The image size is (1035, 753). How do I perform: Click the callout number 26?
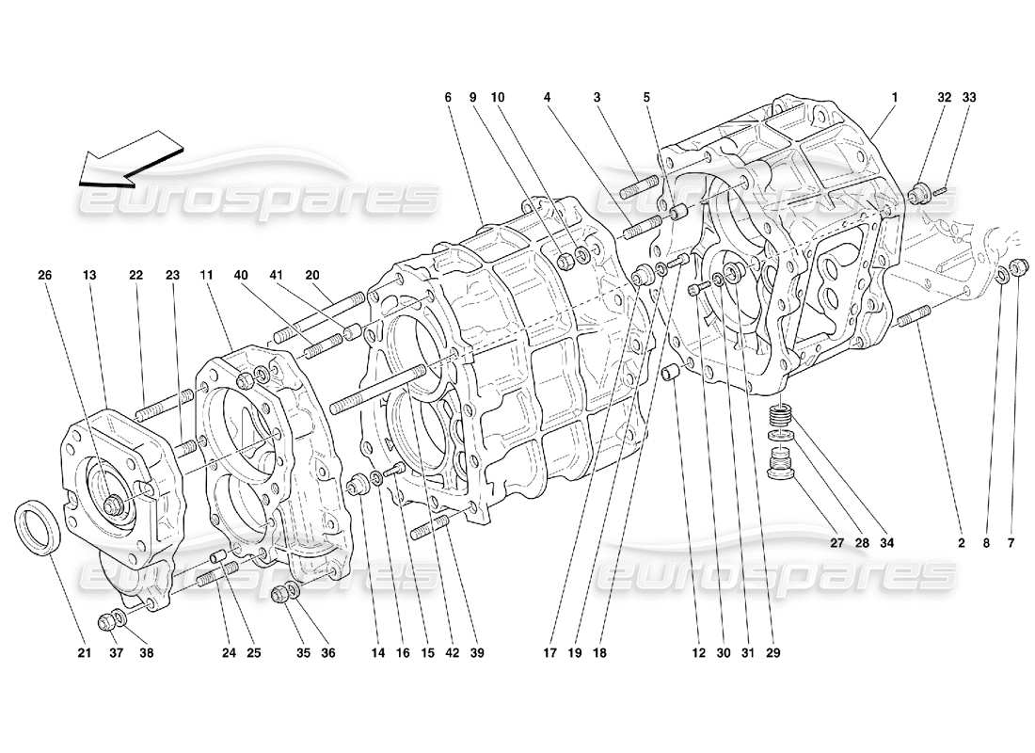pos(45,275)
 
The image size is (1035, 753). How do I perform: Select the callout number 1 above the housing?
pos(894,97)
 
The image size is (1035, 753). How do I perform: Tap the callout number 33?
pos(970,97)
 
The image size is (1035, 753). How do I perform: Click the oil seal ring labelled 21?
pos(40,525)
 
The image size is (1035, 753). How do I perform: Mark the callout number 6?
pos(449,97)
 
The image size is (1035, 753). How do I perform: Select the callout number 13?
pos(89,275)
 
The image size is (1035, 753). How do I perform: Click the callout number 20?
pos(312,275)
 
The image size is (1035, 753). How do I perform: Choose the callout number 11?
pos(205,275)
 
